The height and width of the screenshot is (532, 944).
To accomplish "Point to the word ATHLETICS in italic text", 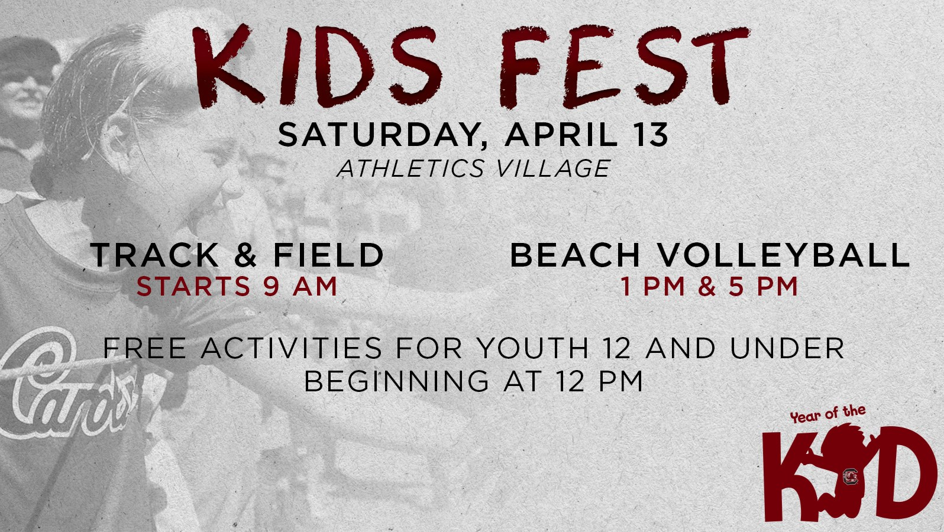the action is point(410,168).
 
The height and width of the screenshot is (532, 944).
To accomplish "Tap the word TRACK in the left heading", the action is point(154,255).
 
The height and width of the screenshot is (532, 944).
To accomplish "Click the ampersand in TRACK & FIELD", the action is point(245,255).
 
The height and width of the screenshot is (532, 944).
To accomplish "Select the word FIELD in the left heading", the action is point(328,255).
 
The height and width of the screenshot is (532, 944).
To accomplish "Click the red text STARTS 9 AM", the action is point(237,287).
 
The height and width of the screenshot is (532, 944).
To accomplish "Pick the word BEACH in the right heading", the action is point(575,255).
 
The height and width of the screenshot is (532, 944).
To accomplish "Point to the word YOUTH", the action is point(532,348).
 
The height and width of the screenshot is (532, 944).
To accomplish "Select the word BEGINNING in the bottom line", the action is point(396,381).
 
